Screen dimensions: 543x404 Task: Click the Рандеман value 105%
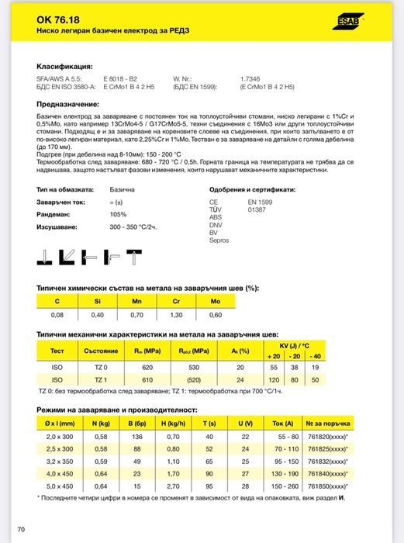118,214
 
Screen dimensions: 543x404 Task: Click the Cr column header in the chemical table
175,300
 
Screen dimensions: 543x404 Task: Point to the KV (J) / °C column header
295,343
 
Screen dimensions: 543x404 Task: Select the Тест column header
57,351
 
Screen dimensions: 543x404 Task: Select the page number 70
21,529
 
